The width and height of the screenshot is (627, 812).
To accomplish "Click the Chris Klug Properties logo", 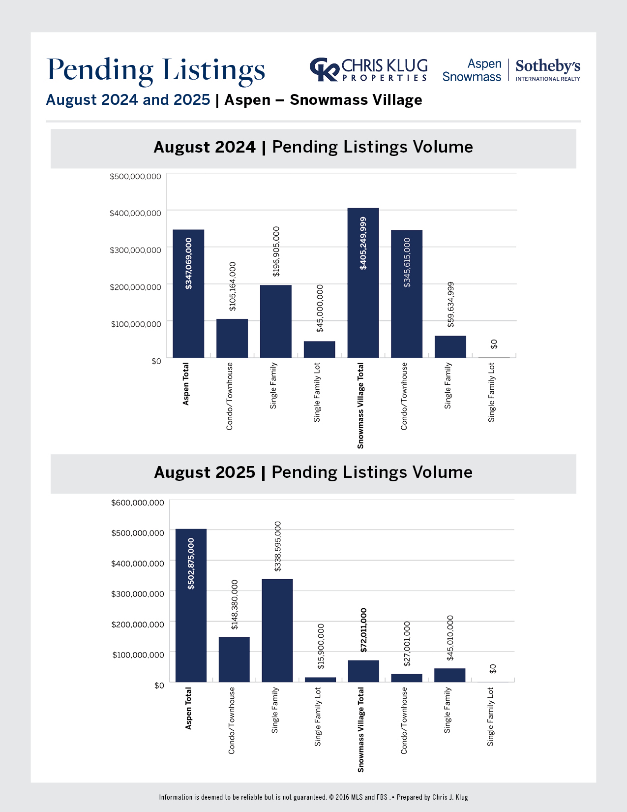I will coord(369,69).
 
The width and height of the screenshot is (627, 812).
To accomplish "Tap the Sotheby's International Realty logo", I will coord(547,70).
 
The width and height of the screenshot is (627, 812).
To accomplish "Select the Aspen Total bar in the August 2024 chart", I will coord(188,294).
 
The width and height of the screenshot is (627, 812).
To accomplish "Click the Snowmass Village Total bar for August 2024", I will coord(363,283).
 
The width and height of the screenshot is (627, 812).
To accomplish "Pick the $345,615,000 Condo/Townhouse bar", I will coord(407,294).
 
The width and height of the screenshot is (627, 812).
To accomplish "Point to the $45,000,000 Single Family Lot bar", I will coord(319,349).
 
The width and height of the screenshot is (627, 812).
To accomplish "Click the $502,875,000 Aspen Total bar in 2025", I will coord(191,605).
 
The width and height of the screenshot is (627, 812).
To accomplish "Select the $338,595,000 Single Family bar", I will coord(277,630).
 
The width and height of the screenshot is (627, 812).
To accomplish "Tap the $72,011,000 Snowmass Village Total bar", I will coord(363,671).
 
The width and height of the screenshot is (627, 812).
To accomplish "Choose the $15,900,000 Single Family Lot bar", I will coord(320,680).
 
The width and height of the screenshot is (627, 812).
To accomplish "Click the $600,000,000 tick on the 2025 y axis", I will coord(138,502).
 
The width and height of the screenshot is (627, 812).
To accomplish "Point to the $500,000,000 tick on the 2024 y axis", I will coord(135,176).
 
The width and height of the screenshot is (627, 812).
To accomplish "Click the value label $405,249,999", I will coord(363,243).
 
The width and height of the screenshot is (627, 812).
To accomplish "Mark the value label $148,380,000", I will coord(235,604).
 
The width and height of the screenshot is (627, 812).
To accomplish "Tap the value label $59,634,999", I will coord(450,304).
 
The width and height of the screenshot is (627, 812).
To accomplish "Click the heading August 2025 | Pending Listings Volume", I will coord(313,472).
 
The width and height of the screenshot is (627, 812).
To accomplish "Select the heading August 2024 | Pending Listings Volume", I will coord(313,147).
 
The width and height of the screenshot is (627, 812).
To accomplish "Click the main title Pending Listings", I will coord(156,70).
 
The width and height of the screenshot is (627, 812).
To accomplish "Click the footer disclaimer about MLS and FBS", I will coord(313,797).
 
